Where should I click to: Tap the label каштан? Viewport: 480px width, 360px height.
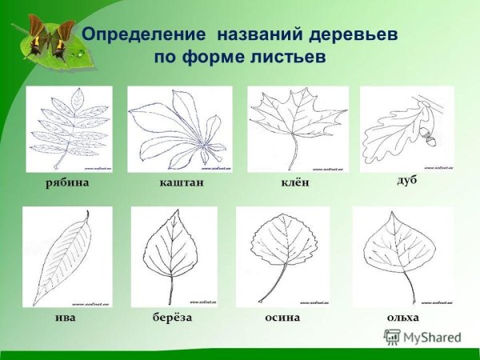pyautogui.click(x=182, y=184)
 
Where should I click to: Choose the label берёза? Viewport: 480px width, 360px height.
pyautogui.click(x=173, y=318)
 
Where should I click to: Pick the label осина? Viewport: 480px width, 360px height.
pyautogui.click(x=282, y=318)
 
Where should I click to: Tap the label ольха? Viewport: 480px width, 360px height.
pyautogui.click(x=402, y=318)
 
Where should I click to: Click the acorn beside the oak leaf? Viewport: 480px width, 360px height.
pyautogui.click(x=433, y=139)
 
